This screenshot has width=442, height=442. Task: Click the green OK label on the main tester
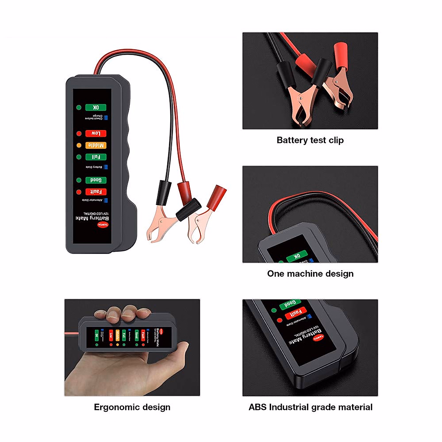96,108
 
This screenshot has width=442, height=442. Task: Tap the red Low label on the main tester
96,133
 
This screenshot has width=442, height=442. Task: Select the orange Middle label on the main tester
96,145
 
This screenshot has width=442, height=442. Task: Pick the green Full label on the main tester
96,157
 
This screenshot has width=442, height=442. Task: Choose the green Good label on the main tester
96,180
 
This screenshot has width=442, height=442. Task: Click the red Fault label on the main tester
96,192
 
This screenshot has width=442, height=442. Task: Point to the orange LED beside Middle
79,145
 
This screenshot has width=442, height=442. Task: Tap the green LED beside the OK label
79,108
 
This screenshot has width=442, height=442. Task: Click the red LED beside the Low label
79,133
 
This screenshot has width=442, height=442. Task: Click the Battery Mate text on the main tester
92,218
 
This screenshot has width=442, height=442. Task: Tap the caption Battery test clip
310,140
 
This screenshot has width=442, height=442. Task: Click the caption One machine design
310,274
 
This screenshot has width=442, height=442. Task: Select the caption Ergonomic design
132,407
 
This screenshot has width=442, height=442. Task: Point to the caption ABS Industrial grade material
310,407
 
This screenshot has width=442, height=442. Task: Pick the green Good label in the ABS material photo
290,304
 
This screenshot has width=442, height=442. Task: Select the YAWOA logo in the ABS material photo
318,337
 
